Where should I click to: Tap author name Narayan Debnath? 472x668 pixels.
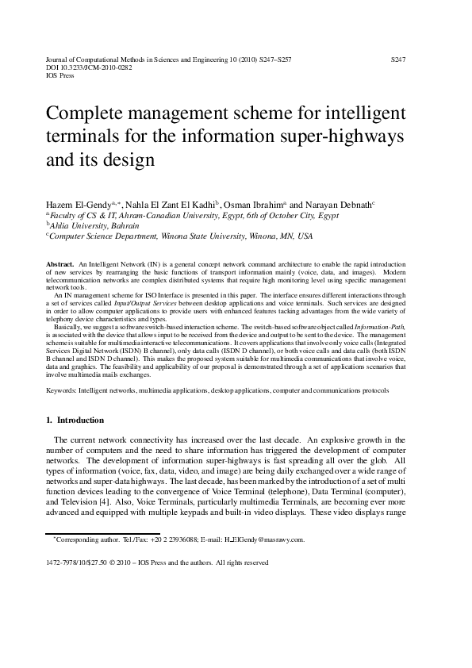[338, 204]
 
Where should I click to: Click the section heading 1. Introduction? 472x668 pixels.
[75, 420]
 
